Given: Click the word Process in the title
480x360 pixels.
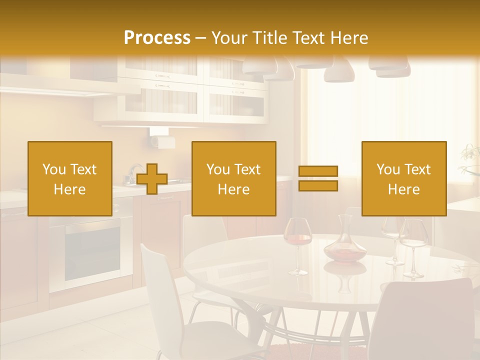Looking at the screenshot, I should click(157, 38).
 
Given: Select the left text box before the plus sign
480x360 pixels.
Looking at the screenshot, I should click(70, 178).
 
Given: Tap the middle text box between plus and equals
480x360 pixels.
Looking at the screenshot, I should click(233, 178).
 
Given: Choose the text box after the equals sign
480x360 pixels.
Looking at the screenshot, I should click(403, 178).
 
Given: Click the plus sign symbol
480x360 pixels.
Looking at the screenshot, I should click(152, 179).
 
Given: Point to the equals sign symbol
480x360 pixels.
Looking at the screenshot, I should click(318, 178).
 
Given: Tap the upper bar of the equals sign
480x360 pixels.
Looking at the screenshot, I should click(318, 171).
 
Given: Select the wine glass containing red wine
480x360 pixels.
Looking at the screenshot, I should click(297, 240).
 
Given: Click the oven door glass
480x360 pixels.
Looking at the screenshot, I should click(92, 255).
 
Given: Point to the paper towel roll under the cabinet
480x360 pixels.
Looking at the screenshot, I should click(161, 140).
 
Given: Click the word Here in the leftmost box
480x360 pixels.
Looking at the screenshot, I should click(69, 189).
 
